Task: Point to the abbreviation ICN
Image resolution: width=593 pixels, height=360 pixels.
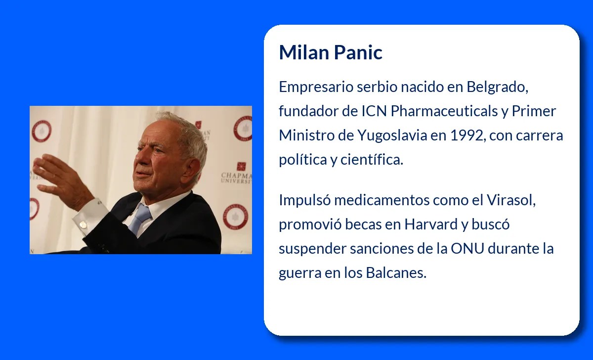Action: click(375, 111)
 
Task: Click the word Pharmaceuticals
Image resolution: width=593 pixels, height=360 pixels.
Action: click(444, 111)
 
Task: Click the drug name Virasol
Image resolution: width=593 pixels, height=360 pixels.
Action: click(511, 200)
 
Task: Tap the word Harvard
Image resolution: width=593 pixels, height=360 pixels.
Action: click(431, 225)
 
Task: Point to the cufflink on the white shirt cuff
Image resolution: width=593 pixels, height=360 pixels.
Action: click(83, 225)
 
